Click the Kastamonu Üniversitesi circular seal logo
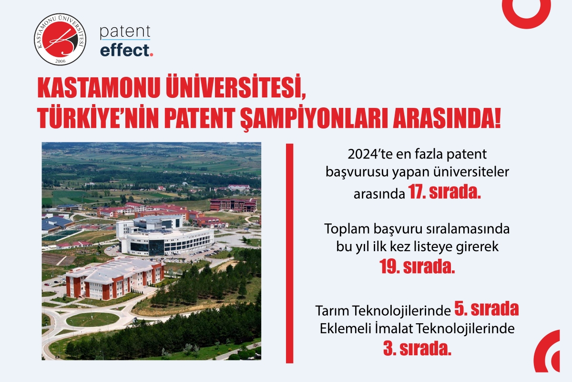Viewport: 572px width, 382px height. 60,39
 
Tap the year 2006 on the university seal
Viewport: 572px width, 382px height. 60,61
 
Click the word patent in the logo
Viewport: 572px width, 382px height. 125,32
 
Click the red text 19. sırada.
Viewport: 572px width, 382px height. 417,266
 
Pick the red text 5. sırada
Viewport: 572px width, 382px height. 487,309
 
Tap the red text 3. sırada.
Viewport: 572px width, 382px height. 417,349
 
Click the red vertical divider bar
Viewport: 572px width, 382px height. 290,253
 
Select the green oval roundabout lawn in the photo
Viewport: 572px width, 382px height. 92,319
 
